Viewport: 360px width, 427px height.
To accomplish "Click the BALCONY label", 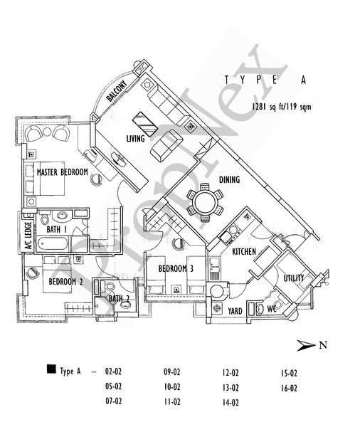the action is (117, 90).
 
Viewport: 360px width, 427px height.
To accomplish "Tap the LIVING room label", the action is (135, 139).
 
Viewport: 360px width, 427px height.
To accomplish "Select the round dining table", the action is (205, 202).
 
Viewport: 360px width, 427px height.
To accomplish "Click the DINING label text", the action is (229, 180).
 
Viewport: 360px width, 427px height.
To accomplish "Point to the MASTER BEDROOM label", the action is (63, 172).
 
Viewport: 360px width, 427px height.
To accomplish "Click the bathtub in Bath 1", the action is (52, 243).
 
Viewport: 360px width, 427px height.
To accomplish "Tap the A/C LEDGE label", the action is (28, 236).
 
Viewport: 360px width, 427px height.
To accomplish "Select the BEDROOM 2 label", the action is (65, 281).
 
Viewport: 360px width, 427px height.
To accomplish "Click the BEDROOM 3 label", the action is (176, 269).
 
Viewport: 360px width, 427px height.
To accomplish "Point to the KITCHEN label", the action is (244, 251).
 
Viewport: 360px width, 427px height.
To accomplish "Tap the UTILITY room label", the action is (293, 278).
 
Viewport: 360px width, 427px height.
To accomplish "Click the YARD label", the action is (235, 311).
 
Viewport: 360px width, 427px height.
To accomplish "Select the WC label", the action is (272, 309).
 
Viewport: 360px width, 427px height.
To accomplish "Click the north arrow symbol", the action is (305, 346).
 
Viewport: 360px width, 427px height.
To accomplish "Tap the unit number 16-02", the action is (289, 388).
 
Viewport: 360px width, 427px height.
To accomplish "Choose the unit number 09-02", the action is (172, 371).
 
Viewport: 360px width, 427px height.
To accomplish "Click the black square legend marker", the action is (51, 369).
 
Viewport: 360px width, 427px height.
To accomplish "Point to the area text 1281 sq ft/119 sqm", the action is (282, 107).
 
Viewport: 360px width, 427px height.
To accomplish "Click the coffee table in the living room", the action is (144, 124).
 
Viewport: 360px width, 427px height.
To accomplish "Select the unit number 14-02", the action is (231, 403).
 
